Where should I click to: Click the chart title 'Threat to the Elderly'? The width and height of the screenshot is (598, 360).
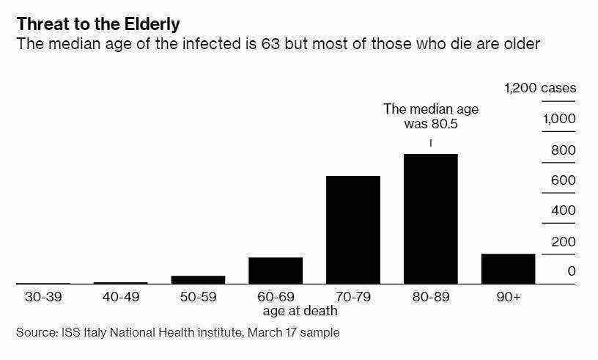[98, 24]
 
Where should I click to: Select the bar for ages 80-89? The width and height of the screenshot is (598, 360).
[431, 218]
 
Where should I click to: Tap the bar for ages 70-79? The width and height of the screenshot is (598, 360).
[353, 229]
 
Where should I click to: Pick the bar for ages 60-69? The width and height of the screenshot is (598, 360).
[276, 271]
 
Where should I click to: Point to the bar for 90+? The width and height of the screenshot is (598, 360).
[508, 269]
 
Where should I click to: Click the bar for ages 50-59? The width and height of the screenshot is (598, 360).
[198, 280]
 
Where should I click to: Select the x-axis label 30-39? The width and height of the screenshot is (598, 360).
[43, 297]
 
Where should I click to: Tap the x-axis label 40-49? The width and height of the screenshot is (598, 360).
[121, 297]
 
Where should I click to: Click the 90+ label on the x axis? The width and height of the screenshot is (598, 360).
[509, 297]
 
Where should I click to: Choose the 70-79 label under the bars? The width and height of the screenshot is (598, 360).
[352, 297]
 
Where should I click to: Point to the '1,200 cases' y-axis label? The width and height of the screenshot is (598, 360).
[540, 88]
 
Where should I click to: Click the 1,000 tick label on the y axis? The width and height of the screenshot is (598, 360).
[559, 119]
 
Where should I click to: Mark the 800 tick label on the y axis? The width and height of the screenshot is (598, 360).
[564, 150]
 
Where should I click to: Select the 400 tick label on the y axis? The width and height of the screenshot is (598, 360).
[564, 210]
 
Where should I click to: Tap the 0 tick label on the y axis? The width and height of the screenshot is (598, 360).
[572, 271]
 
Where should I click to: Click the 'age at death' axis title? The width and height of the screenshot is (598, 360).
[300, 311]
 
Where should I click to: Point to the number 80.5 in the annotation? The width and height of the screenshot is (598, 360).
[445, 124]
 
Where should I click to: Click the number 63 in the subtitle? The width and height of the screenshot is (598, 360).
[270, 44]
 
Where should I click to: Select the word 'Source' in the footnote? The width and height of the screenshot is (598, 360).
[37, 333]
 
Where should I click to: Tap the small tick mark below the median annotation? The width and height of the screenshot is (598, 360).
[431, 143]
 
